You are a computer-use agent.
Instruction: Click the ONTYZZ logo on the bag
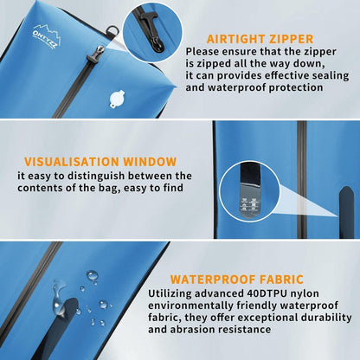point(47,36)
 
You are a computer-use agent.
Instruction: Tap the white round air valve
point(117,100)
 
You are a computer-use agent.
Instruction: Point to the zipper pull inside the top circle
point(152,32)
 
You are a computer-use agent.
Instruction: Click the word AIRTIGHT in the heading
point(236,39)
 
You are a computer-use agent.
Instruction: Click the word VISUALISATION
point(72,162)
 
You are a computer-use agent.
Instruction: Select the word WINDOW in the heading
point(151,162)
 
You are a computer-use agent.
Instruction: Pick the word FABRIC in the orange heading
point(282,280)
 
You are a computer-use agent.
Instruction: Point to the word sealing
point(331,76)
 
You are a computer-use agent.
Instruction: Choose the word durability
point(326,318)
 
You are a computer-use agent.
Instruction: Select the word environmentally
point(190,305)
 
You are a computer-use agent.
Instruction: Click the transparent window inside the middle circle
point(248,201)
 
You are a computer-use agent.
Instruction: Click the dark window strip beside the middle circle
point(346,212)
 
